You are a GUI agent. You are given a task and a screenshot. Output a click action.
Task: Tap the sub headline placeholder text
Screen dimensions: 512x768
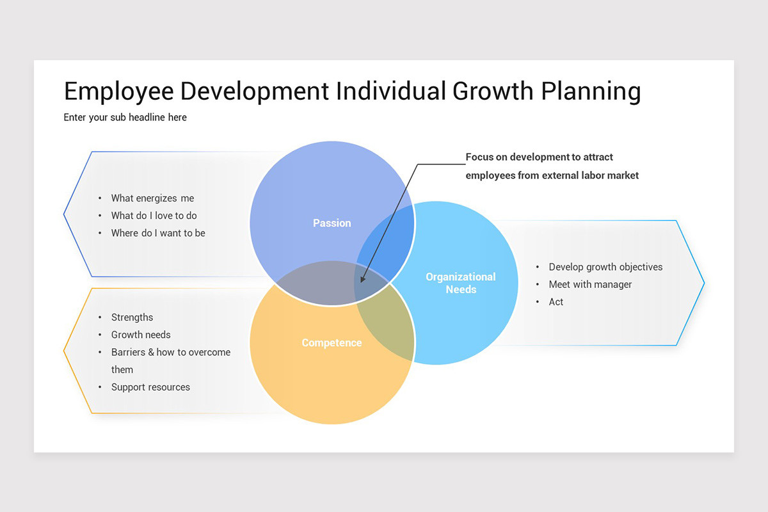pos(125,117)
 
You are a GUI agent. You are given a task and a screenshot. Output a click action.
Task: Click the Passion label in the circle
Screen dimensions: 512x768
pos(332,223)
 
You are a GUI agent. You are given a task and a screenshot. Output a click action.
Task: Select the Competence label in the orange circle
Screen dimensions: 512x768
pos(332,343)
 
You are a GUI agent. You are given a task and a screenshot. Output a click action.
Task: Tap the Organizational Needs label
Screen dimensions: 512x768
pos(461,283)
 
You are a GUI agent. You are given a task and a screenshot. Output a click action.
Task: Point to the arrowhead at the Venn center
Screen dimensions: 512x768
pos(363,279)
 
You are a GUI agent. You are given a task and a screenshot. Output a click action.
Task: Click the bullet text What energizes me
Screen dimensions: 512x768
pos(152,198)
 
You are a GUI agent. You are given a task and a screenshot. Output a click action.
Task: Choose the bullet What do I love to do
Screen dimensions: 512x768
pos(154,216)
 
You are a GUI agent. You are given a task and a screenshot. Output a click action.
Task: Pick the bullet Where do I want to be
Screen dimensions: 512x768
pos(158,233)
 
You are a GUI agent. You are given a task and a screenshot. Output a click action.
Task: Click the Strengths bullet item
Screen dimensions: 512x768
pos(132,317)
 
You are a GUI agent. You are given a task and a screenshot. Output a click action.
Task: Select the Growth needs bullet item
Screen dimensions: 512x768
pos(141,335)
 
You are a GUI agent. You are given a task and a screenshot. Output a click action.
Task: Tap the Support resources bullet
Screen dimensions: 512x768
pos(150,387)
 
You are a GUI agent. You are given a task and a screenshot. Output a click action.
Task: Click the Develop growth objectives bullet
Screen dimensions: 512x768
pos(605,267)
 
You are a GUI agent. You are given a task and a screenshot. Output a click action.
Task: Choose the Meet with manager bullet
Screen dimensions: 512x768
pos(590,284)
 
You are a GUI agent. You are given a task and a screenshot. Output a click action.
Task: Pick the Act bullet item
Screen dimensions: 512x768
pos(556,302)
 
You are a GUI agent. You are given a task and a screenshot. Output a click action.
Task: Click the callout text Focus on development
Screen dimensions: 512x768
pos(539,157)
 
